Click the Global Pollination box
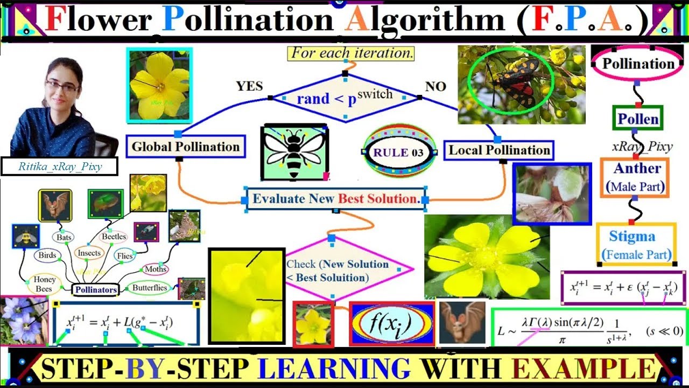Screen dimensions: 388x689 pyautogui.click(x=185, y=147)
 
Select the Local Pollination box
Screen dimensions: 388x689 pyautogui.click(x=499, y=150)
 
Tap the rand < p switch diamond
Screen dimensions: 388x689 pyautogui.click(x=344, y=98)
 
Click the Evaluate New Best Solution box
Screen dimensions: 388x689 pyautogui.click(x=335, y=198)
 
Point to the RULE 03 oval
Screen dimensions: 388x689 pyautogui.click(x=398, y=152)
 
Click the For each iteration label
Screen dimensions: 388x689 pyautogui.click(x=352, y=53)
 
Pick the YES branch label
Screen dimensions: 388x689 pyautogui.click(x=249, y=86)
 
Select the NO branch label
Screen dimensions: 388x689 pyautogui.click(x=435, y=87)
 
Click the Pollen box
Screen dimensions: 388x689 pyautogui.click(x=638, y=119)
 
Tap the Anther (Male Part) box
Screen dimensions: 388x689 pyautogui.click(x=635, y=177)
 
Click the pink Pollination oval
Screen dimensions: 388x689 pyautogui.click(x=638, y=64)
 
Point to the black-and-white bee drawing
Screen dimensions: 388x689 pyautogui.click(x=294, y=153)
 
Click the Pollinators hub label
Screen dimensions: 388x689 pyautogui.click(x=96, y=290)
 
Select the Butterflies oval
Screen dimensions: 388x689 pyautogui.click(x=150, y=288)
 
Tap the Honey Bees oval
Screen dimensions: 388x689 pyautogui.click(x=44, y=284)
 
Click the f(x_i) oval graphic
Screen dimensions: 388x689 pyautogui.click(x=391, y=323)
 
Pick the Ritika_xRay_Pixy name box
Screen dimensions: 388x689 pyautogui.click(x=60, y=167)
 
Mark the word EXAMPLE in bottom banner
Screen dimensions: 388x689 pyautogui.click(x=585, y=369)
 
